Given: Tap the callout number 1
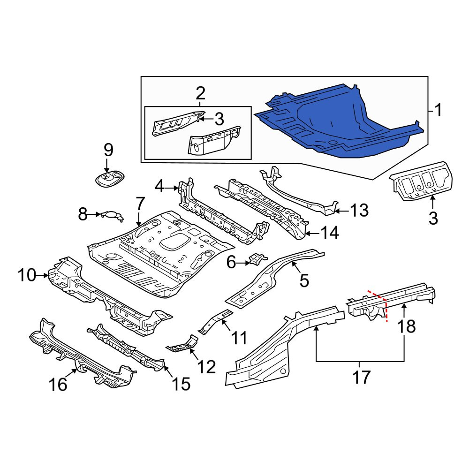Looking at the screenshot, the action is [x=438, y=110].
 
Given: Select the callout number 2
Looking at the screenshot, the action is [x=200, y=93].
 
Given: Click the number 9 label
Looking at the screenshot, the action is [x=108, y=150].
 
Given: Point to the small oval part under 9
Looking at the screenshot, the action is [x=109, y=179].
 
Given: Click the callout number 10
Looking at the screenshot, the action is [x=27, y=275].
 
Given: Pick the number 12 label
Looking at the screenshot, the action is [x=207, y=367].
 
